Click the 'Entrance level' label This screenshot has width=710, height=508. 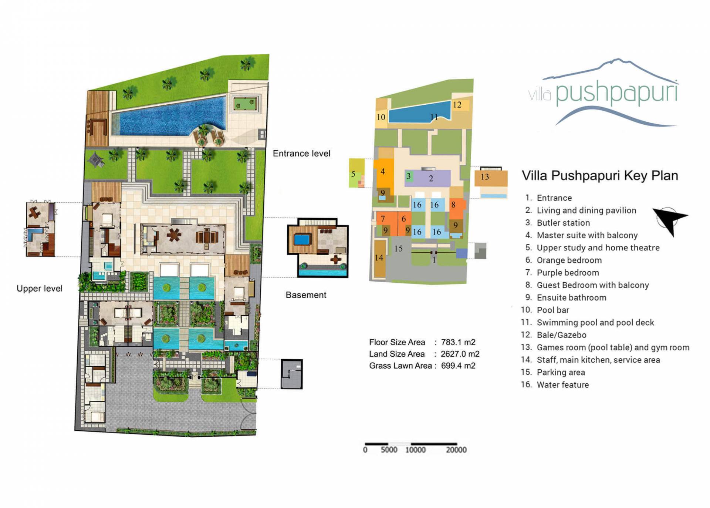click(301, 154)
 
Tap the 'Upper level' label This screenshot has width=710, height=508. click(40, 289)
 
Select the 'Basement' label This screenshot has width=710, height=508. click(306, 295)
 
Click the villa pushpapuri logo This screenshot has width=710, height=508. click(603, 92)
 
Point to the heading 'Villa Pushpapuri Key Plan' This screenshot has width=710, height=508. click(600, 175)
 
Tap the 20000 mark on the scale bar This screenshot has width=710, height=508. click(456, 450)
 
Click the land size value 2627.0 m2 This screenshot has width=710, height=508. click(460, 354)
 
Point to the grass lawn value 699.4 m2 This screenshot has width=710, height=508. click(458, 366)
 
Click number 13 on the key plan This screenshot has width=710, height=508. click(484, 177)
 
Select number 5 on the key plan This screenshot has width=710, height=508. click(353, 174)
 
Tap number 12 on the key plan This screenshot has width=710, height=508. click(457, 105)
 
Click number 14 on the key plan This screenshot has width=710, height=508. click(379, 258)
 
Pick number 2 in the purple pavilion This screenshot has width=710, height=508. click(431, 179)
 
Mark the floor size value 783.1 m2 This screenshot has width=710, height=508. click(458, 342)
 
